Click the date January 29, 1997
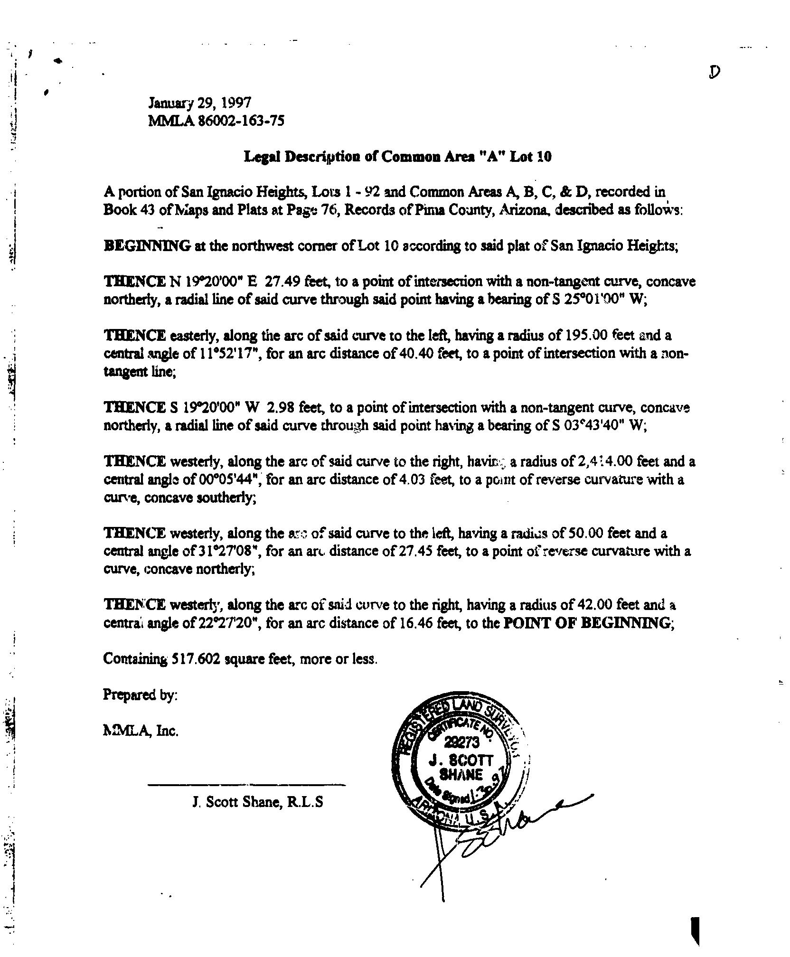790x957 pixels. pyautogui.click(x=200, y=103)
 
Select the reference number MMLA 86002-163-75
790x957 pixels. pyautogui.click(x=216, y=121)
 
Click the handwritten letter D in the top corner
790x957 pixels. pyautogui.click(x=715, y=72)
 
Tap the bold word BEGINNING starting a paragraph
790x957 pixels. pyautogui.click(x=147, y=246)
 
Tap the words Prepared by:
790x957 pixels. pyautogui.click(x=141, y=695)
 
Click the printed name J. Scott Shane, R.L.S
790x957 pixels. pyautogui.click(x=258, y=802)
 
